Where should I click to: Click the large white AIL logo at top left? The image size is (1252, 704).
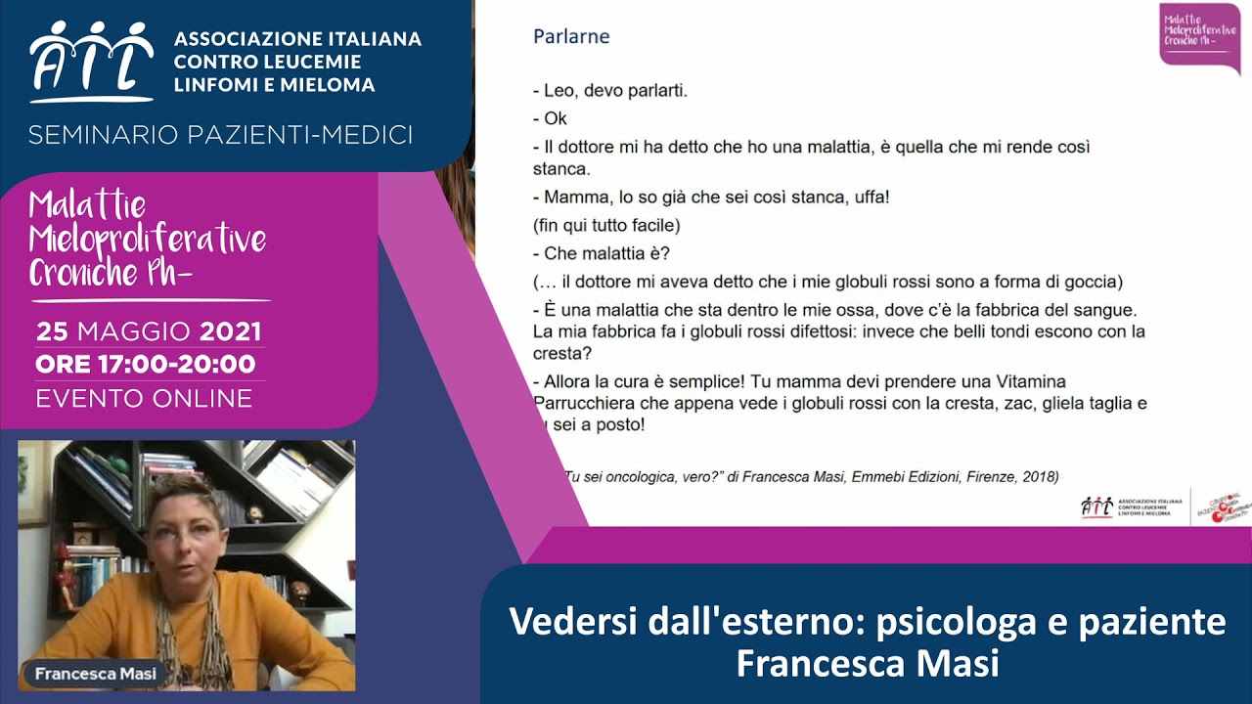click(x=91, y=61)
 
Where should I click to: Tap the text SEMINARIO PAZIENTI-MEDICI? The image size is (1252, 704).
click(x=220, y=135)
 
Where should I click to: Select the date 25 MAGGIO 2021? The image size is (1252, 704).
click(x=149, y=331)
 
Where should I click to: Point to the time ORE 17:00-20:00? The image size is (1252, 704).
click(x=146, y=365)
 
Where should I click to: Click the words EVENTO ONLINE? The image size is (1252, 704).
click(x=144, y=399)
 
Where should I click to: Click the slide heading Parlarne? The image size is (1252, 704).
click(x=571, y=37)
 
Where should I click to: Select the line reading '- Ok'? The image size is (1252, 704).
click(x=550, y=118)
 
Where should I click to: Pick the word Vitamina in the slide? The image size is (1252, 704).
click(x=1024, y=381)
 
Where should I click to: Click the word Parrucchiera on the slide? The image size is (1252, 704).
click(x=583, y=403)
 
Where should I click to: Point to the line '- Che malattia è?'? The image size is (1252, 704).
click(x=602, y=253)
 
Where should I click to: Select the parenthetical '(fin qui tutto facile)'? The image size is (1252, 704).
click(x=606, y=225)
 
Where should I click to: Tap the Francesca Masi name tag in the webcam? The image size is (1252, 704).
click(x=95, y=674)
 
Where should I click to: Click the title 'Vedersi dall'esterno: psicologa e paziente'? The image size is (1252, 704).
click(x=867, y=622)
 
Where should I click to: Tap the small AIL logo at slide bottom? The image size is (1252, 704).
click(x=1097, y=506)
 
